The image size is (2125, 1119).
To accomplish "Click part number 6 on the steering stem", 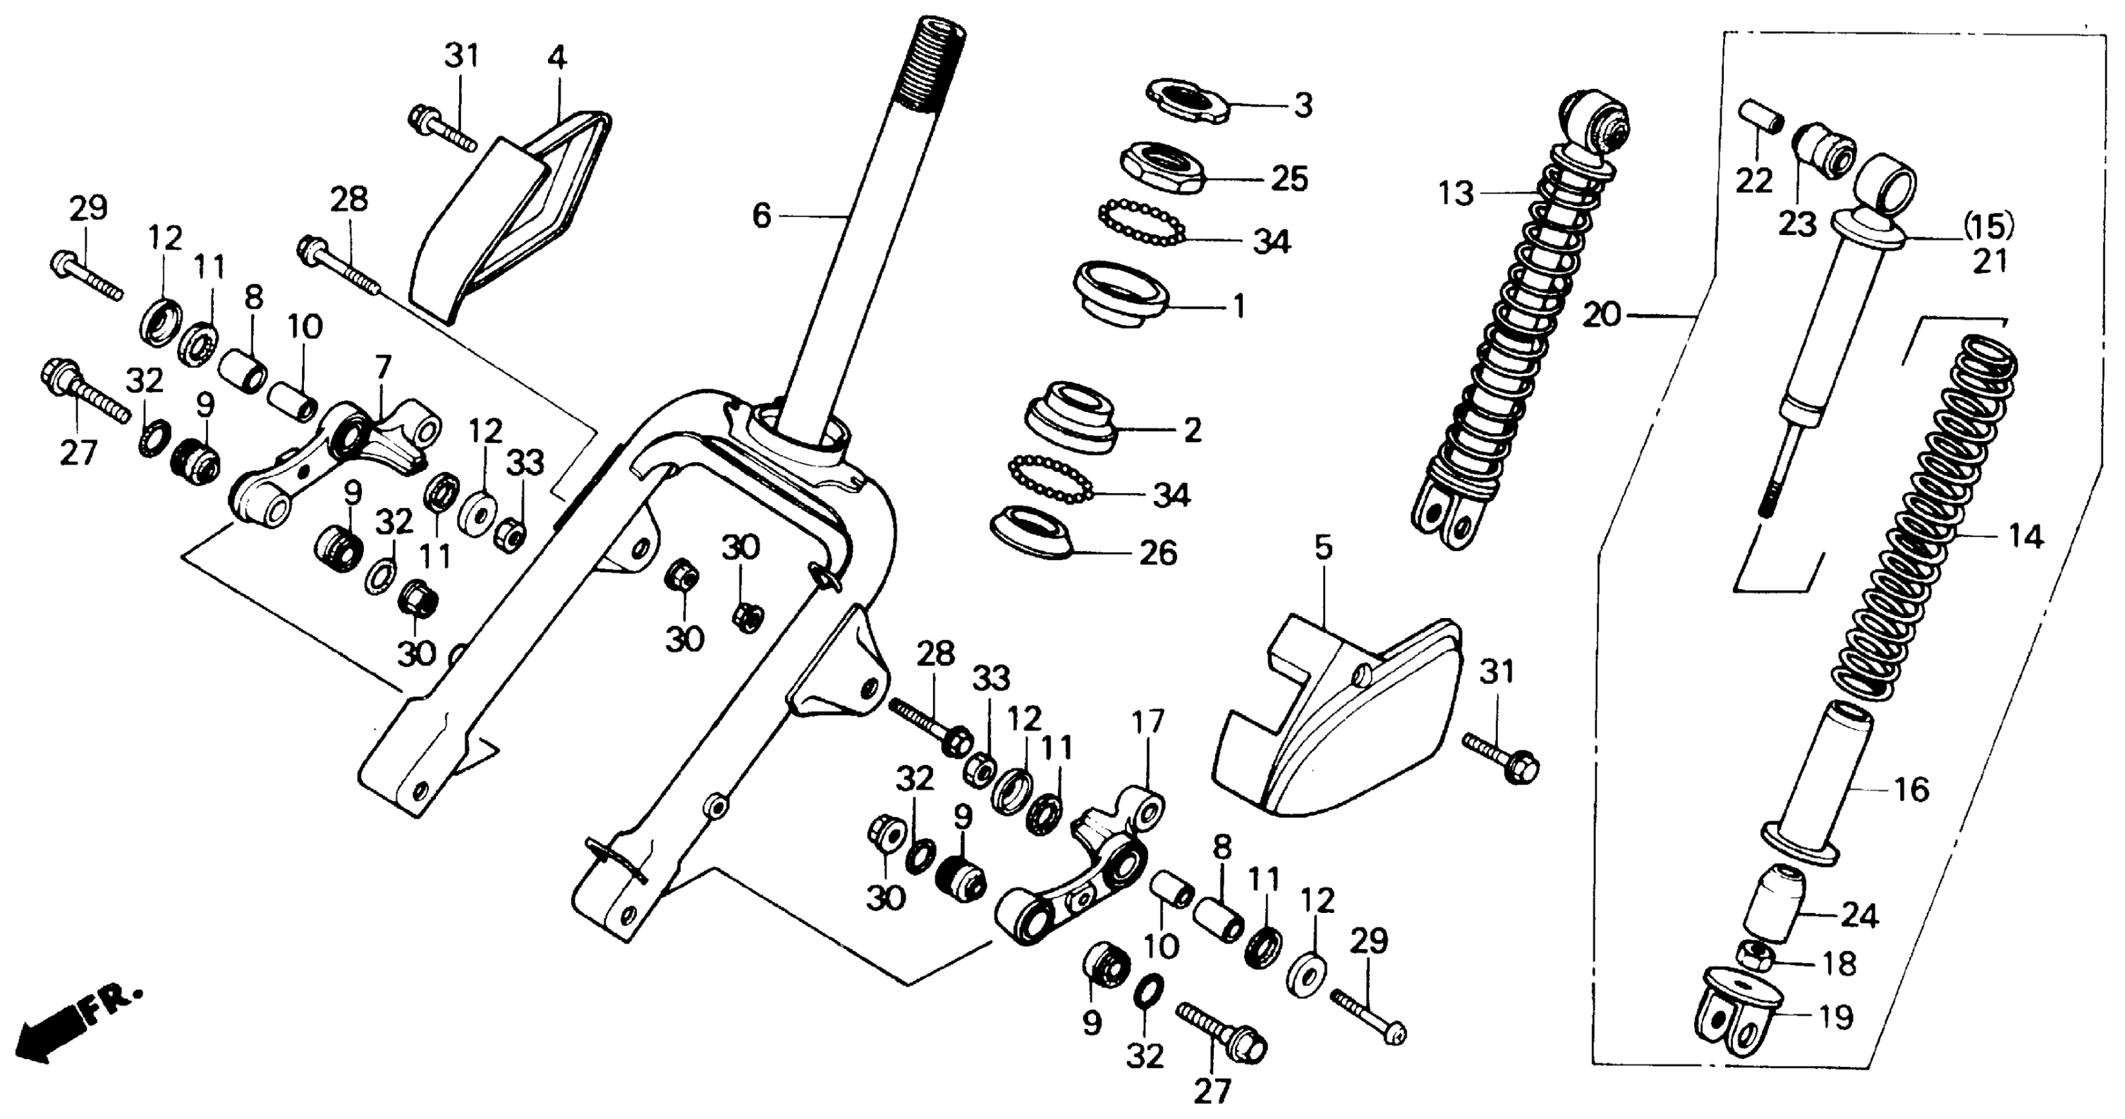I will point(761,216).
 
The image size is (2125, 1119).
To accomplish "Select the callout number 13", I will point(1455,195).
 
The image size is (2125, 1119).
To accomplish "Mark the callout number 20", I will point(1602,315).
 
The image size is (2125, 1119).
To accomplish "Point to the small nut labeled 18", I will point(1757,956).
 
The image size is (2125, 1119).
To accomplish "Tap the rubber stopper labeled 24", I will point(1774,904).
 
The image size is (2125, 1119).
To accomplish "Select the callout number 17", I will point(1147,723).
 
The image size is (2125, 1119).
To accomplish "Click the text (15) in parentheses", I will point(1988,225).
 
